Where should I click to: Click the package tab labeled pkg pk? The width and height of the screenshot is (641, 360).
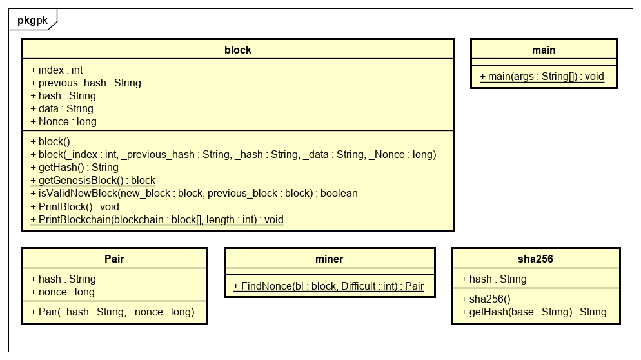32,19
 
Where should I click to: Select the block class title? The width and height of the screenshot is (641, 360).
237,50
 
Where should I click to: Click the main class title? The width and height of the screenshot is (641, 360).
544,50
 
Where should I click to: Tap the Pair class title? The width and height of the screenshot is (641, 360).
114,259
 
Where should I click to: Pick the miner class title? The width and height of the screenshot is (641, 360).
330,259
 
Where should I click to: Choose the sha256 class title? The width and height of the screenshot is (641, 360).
535,259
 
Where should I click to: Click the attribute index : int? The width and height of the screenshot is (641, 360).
57,70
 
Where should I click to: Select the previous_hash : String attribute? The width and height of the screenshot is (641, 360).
86,83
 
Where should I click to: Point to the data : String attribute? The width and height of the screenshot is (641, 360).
62,108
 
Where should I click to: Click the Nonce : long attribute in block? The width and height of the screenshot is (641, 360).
64,121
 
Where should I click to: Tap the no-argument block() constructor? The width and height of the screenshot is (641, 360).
50,142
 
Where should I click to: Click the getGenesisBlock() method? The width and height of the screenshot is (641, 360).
93,181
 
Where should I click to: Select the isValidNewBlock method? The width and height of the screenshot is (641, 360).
194,194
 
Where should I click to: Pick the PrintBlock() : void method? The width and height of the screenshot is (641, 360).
75,206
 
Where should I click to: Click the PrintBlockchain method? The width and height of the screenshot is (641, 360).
157,219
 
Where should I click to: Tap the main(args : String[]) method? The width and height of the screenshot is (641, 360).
542,77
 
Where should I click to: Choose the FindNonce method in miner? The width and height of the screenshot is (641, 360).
328,286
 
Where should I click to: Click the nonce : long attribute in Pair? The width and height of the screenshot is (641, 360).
63,292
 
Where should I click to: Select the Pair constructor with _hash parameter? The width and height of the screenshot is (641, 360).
112,312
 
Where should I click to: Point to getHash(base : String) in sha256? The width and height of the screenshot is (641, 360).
533,312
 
